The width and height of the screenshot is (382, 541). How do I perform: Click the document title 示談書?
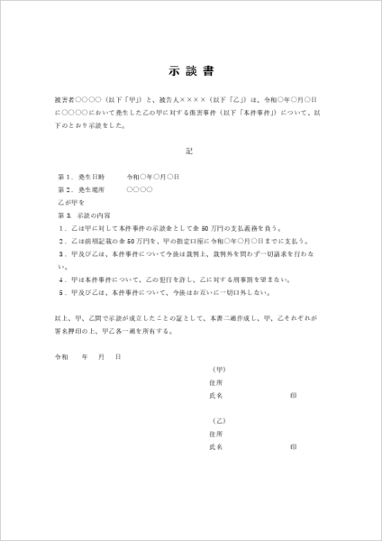point(190,69)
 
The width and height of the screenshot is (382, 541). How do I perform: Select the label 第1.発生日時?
point(82,177)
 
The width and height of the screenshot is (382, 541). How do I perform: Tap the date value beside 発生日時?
point(152,177)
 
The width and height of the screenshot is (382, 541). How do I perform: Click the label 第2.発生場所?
point(82,190)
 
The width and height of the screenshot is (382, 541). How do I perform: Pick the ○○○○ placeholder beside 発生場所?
point(140,190)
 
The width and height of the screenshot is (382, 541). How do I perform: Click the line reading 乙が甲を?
point(70,204)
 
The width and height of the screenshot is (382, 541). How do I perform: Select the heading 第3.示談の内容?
point(84,216)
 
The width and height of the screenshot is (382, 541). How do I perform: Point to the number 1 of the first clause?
point(59,230)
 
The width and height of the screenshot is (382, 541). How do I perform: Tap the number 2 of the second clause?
point(59,243)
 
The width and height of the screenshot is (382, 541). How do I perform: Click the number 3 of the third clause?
point(59,256)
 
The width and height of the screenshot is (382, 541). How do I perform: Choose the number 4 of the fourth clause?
point(59,280)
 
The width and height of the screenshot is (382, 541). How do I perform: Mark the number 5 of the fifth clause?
point(59,292)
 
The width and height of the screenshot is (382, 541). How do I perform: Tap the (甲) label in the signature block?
point(217,370)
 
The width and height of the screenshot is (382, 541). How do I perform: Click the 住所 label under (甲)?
point(215,382)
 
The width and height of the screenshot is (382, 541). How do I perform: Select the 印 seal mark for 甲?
point(294,395)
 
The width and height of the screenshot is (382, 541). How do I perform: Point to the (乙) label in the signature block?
point(217,421)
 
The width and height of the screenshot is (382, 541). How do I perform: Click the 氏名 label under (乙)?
point(215,446)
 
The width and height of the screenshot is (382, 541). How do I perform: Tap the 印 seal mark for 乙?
point(294,446)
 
